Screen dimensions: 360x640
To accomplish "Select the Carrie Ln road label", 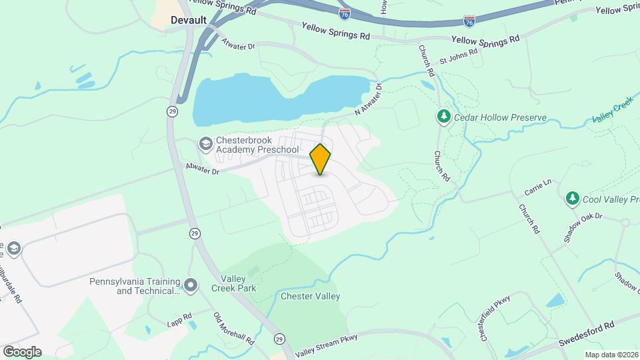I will click(x=539, y=190).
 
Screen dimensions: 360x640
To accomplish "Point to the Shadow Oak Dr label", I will click(x=582, y=227).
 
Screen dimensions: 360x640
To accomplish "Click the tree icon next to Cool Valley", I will click(x=572, y=199).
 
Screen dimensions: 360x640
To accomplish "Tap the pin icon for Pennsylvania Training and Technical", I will click(x=191, y=286).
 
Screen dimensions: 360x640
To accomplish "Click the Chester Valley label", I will click(x=311, y=296).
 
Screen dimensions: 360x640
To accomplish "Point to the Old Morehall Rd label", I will click(x=233, y=328).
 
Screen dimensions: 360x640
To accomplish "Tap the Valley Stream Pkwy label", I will click(x=326, y=345).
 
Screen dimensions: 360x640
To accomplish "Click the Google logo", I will click(x=22, y=351).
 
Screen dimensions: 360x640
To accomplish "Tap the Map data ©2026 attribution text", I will click(x=611, y=355).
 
